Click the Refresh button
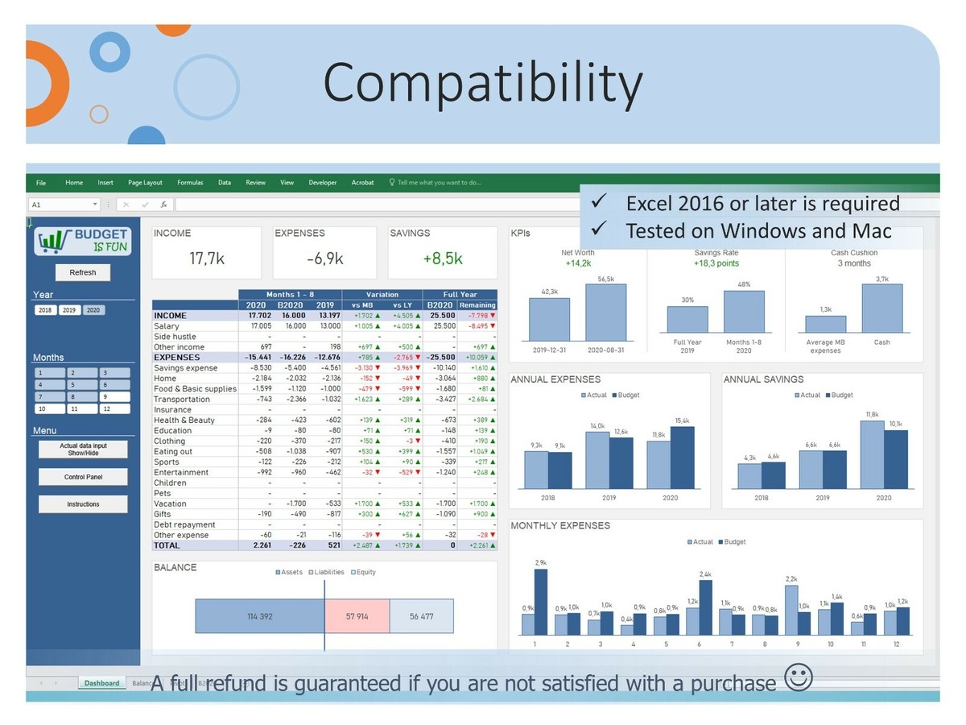[83, 272]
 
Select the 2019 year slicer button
[69, 310]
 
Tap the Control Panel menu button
[83, 477]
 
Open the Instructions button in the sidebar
[83, 504]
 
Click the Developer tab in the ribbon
[323, 183]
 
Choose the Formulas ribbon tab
[190, 183]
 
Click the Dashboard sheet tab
[102, 683]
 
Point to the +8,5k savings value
[443, 259]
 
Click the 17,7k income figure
[206, 259]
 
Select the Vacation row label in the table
[170, 503]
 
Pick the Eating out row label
[173, 451]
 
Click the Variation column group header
[382, 295]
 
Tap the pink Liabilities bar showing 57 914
[357, 616]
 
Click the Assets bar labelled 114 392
[259, 616]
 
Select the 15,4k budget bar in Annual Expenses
[682, 458]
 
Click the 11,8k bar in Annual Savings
[872, 454]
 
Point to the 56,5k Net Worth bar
[605, 313]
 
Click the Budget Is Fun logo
[83, 241]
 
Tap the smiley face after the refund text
[798, 678]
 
